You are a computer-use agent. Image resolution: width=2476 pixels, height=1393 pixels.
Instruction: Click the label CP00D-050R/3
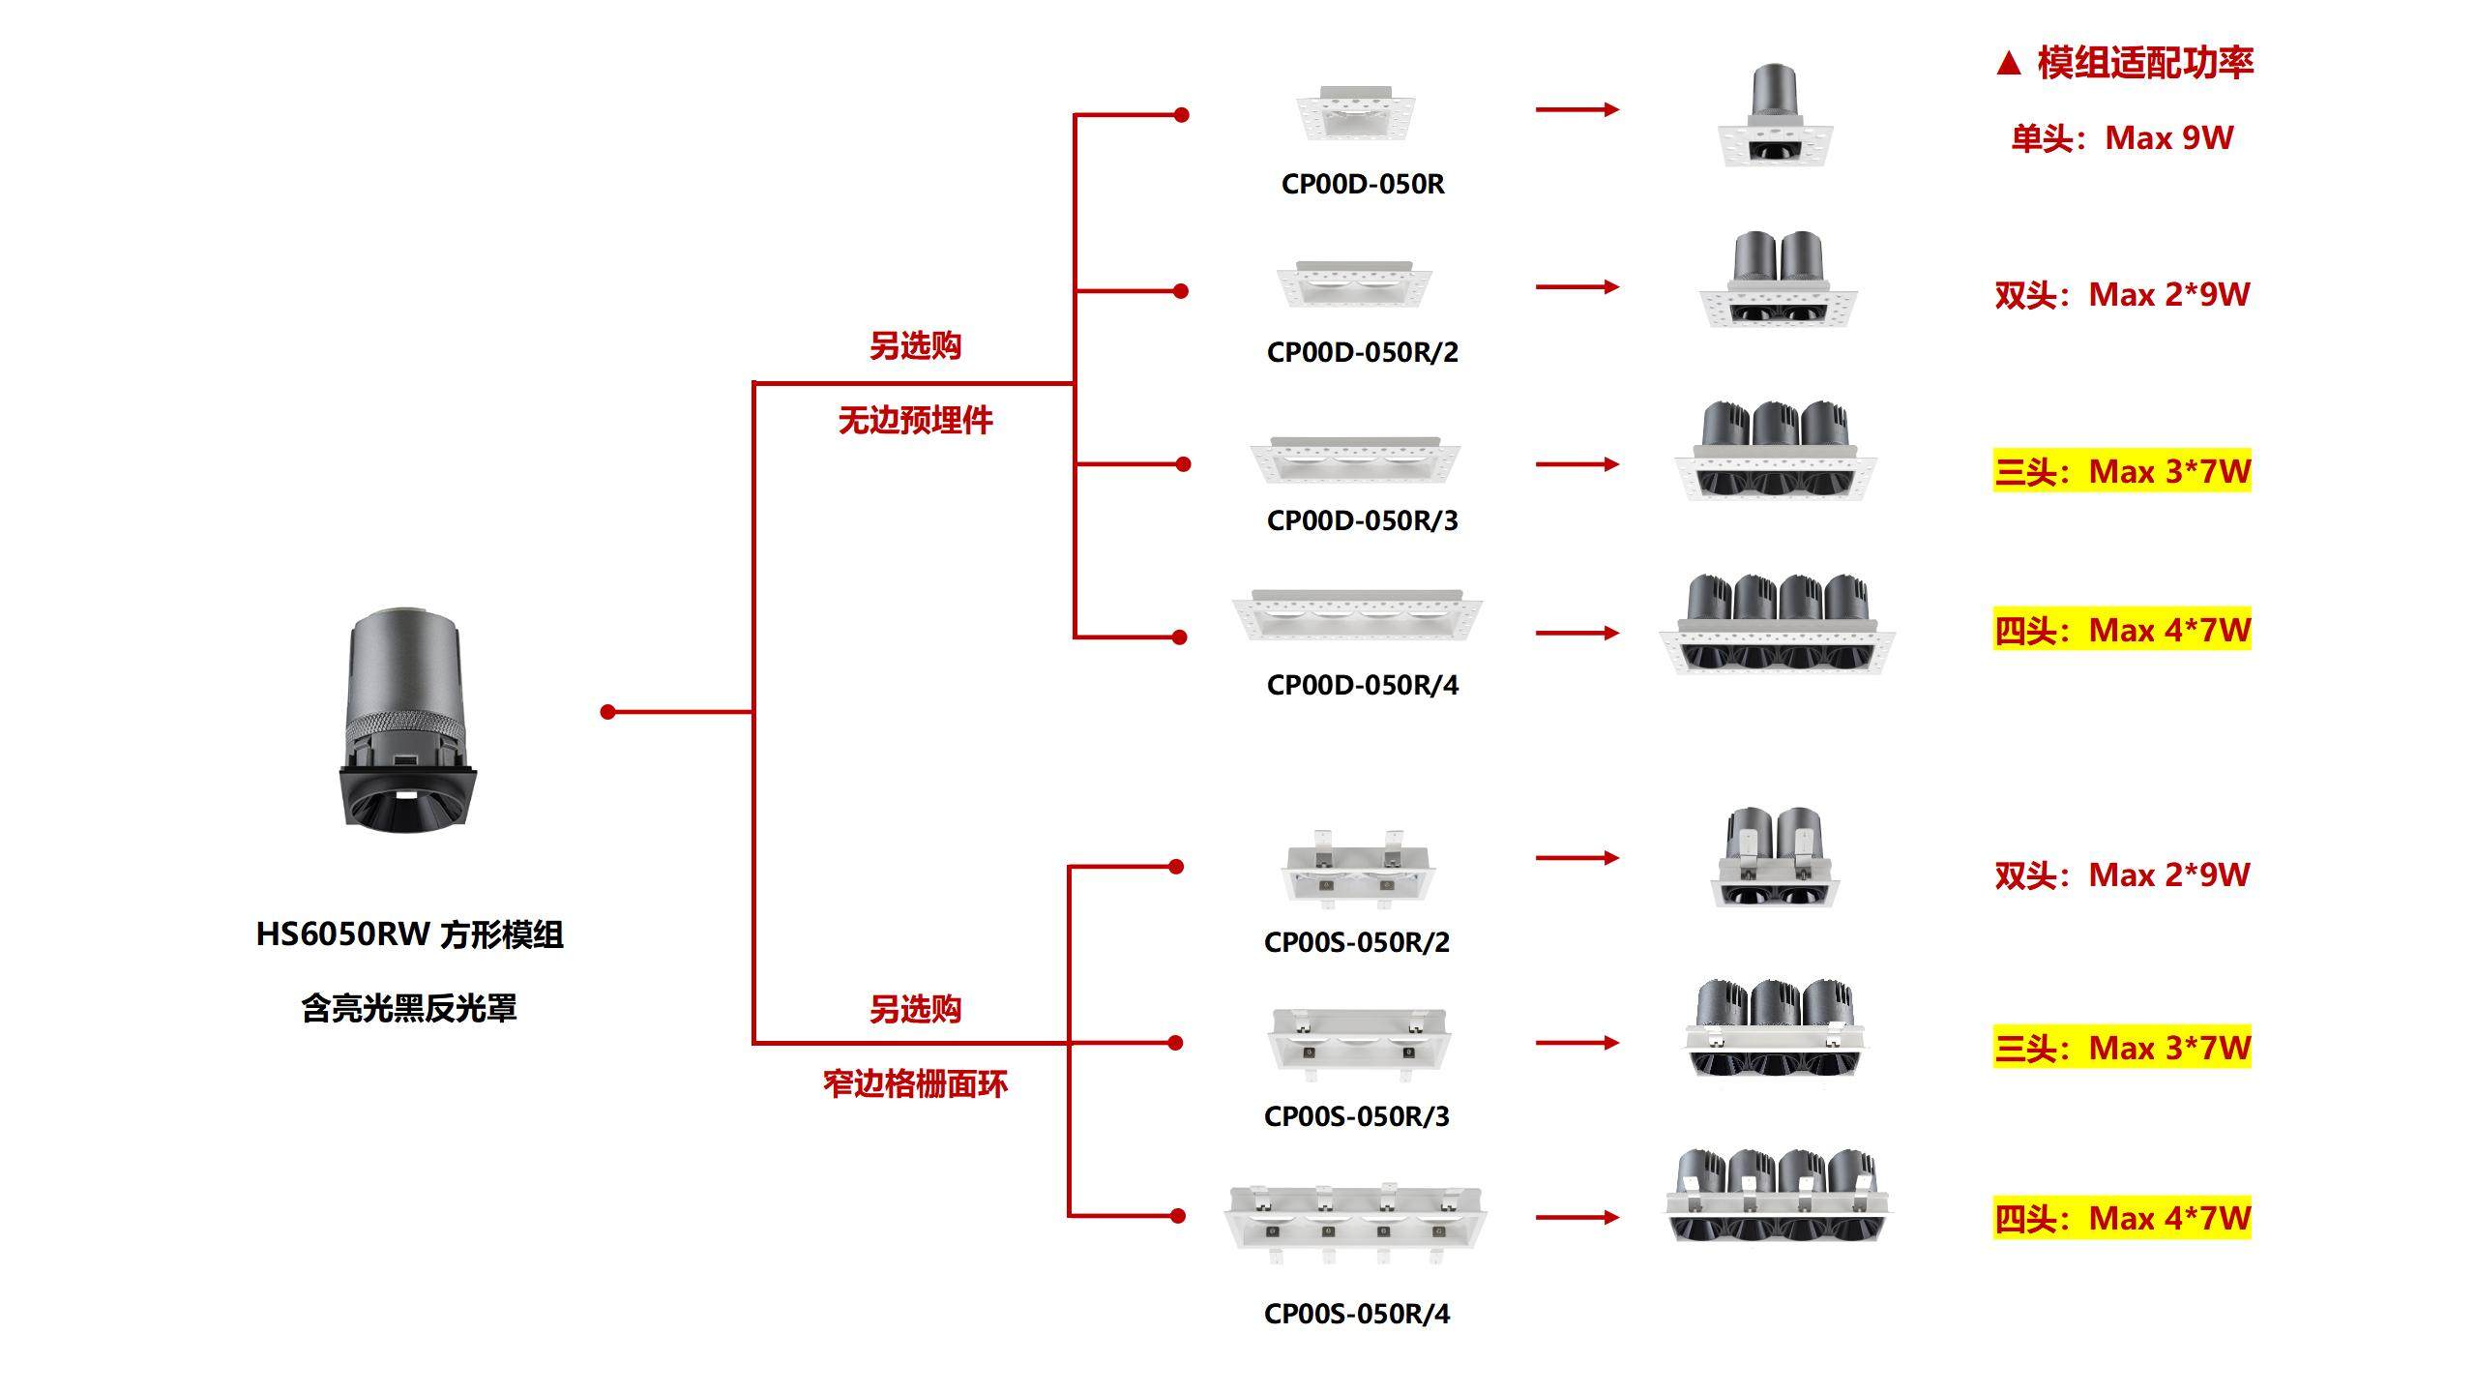click(1362, 520)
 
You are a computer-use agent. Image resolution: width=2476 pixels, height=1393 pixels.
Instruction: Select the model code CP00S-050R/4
click(1356, 1314)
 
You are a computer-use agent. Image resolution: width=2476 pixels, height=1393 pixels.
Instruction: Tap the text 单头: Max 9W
click(2122, 138)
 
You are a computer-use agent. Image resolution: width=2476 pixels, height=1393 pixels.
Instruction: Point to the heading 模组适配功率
click(2144, 63)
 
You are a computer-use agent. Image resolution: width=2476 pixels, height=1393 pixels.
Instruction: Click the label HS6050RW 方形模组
click(409, 934)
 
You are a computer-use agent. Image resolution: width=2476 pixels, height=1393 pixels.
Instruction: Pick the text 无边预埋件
click(915, 420)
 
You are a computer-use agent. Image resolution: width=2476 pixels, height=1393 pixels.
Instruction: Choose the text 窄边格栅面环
click(915, 1083)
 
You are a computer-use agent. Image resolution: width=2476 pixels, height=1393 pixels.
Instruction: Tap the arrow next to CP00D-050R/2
click(1577, 286)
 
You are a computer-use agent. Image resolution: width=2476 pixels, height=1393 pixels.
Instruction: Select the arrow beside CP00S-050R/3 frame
click(1577, 1043)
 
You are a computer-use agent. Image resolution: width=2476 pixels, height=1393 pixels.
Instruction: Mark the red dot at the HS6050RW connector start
click(607, 712)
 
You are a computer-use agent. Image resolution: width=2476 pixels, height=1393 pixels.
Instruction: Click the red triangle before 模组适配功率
click(2008, 64)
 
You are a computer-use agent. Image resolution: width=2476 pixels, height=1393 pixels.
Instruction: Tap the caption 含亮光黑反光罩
click(409, 1008)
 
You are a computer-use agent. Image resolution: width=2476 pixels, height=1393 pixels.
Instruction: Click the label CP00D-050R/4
click(1362, 685)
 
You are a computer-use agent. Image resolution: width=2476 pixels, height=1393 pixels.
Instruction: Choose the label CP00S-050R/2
click(1356, 942)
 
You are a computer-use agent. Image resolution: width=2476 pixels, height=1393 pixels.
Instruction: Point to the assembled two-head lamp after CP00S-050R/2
click(1775, 858)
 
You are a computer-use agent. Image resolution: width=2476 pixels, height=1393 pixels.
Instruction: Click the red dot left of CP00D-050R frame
click(1181, 115)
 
